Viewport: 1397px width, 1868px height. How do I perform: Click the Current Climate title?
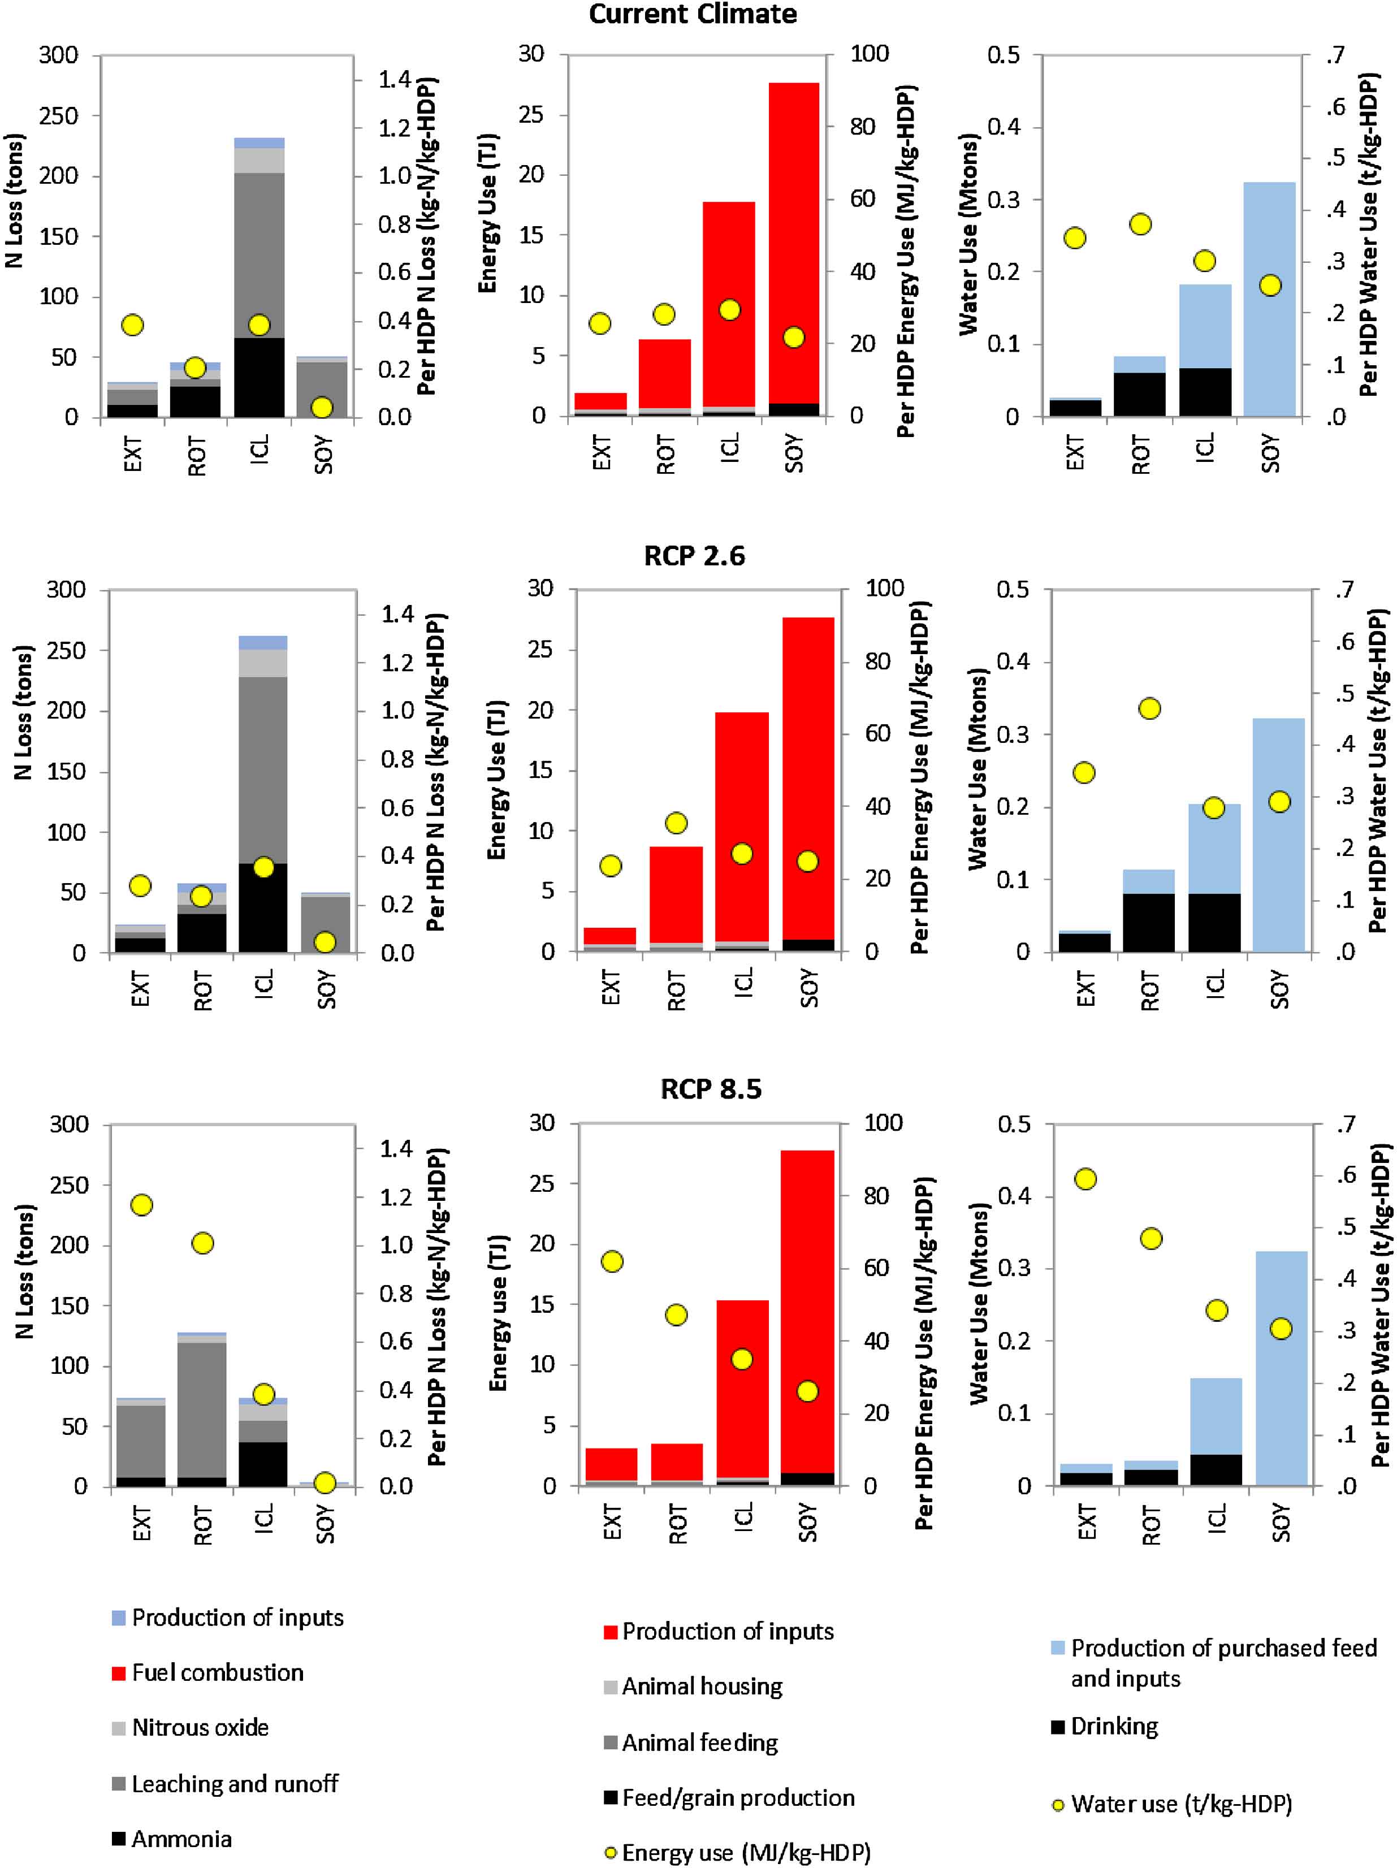[x=692, y=14]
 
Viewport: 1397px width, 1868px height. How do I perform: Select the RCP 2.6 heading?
[x=694, y=556]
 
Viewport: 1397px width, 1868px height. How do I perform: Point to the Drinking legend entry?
[x=1113, y=1726]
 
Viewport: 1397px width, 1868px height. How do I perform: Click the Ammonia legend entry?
[x=181, y=1839]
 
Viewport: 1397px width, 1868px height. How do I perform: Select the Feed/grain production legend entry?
[x=737, y=1797]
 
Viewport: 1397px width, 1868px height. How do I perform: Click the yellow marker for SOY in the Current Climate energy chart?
[x=793, y=338]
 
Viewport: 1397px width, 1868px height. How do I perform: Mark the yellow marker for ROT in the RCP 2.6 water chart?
[x=1149, y=708]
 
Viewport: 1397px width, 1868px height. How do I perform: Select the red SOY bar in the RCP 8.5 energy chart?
[x=807, y=1309]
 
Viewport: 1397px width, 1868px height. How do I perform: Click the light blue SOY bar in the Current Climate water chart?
[x=1269, y=300]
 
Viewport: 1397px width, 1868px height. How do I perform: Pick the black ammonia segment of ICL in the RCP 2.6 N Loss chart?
[x=263, y=908]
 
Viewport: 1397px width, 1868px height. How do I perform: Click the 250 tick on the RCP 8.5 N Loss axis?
[x=70, y=1185]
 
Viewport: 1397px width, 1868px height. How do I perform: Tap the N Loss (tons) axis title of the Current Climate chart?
[x=14, y=201]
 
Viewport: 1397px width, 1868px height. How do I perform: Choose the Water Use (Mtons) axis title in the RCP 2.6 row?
[x=978, y=768]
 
